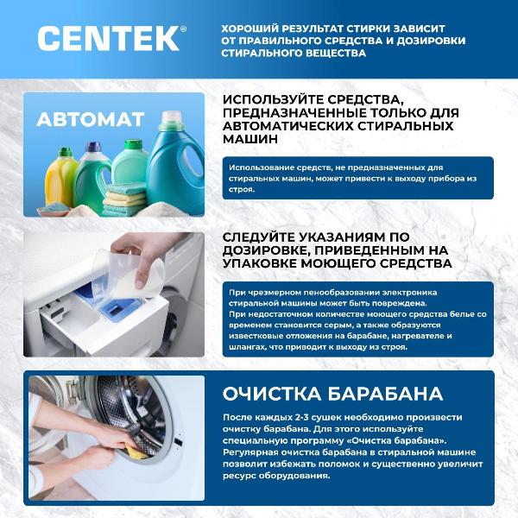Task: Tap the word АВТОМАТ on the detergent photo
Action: (90, 120)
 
